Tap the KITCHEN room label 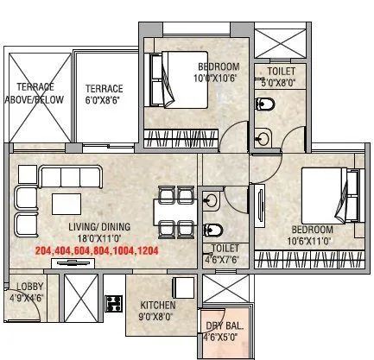coord(158,310)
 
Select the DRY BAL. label coord(224,332)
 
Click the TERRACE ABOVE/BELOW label coord(35,92)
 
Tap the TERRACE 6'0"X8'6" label coord(104,94)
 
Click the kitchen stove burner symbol coord(113,303)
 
